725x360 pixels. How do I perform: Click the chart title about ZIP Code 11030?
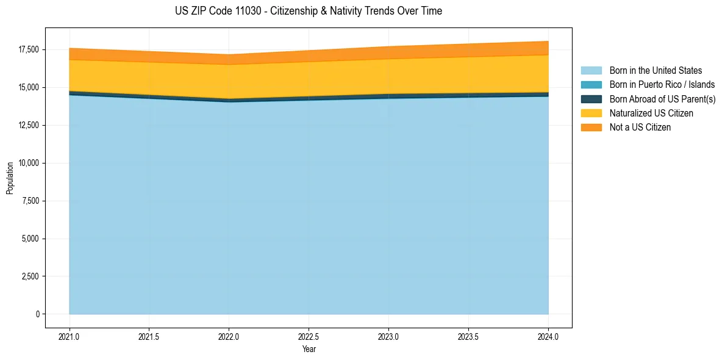308,11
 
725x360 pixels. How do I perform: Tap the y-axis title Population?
10,178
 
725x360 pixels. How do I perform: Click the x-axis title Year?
309,349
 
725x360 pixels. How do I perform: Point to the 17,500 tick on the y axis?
29,49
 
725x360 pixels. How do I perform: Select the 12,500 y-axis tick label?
29,125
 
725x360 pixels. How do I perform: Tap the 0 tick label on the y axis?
37,314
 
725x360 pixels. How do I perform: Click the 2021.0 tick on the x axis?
70,336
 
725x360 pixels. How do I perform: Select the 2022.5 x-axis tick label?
309,336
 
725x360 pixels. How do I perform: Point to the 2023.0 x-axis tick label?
388,336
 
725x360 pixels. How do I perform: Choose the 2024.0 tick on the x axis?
548,336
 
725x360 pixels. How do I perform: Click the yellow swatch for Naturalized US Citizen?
591,113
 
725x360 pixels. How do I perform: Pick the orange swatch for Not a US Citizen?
591,128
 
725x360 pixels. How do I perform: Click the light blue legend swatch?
591,71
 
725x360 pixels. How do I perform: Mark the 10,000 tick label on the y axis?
29,163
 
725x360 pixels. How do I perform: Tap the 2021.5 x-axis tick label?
149,336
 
